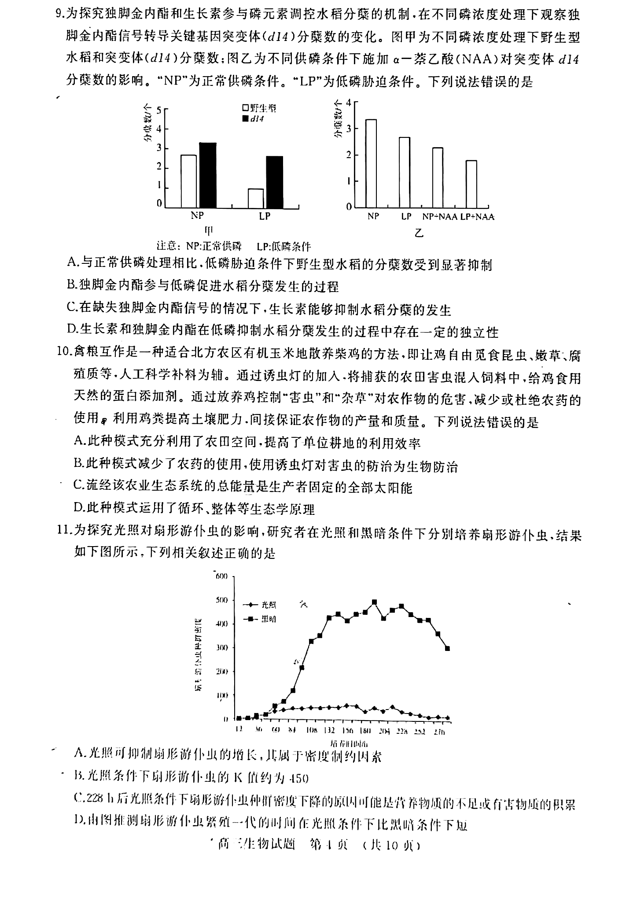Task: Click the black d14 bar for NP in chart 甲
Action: click(207, 175)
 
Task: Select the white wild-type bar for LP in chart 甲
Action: click(256, 198)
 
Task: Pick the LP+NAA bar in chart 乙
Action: click(471, 184)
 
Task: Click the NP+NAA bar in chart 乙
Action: click(438, 177)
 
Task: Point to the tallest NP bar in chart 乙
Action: click(371, 163)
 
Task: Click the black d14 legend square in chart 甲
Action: click(245, 119)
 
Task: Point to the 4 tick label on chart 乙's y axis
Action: click(349, 103)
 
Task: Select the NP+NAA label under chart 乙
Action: click(439, 217)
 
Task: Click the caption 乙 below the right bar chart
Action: click(419, 233)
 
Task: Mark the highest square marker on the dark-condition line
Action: click(374, 602)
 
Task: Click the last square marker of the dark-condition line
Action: click(447, 648)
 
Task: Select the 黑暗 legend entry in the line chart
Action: click(269, 619)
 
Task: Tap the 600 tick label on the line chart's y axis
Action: click(221, 577)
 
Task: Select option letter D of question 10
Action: click(79, 508)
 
